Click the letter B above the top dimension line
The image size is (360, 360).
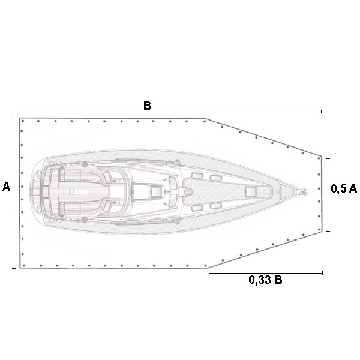click(x=148, y=106)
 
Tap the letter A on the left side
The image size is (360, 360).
click(x=6, y=187)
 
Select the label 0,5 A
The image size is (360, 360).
click(x=344, y=188)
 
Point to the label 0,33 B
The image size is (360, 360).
click(x=265, y=280)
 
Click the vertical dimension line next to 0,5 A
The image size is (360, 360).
click(x=328, y=194)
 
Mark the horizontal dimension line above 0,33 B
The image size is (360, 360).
click(x=266, y=273)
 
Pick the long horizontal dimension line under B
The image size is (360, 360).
click(x=170, y=112)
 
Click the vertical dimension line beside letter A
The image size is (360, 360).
click(x=14, y=193)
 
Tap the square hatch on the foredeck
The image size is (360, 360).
click(x=250, y=191)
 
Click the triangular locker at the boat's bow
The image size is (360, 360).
click(x=286, y=191)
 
